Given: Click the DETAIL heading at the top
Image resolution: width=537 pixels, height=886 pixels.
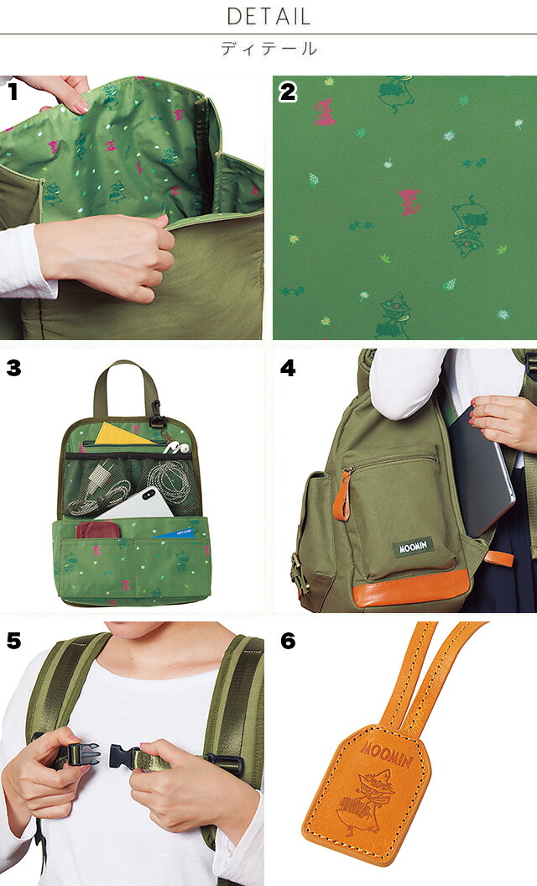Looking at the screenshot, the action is pyautogui.click(x=268, y=17).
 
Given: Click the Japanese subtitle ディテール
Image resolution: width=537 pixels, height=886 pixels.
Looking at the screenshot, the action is pyautogui.click(x=268, y=49).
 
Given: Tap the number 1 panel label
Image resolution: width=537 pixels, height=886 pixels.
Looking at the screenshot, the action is pyautogui.click(x=13, y=91).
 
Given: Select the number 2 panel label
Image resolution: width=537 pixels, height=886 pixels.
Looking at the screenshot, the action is pyautogui.click(x=288, y=92).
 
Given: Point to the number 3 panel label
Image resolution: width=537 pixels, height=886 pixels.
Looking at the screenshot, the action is pyautogui.click(x=13, y=368).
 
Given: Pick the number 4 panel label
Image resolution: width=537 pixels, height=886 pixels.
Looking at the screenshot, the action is pyautogui.click(x=288, y=368).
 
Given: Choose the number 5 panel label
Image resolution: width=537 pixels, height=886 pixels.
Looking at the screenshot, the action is pyautogui.click(x=13, y=641).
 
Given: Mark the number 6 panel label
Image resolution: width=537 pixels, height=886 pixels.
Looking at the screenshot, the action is pyautogui.click(x=288, y=641).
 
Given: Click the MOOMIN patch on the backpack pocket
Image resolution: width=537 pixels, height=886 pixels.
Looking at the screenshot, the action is pyautogui.click(x=413, y=547).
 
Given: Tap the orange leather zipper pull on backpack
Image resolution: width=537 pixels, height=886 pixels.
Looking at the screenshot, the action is pyautogui.click(x=341, y=494).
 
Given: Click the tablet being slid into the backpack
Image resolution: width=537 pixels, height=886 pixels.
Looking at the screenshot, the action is pyautogui.click(x=481, y=470).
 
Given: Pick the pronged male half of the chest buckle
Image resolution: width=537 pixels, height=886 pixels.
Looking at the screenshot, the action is pyautogui.click(x=83, y=754).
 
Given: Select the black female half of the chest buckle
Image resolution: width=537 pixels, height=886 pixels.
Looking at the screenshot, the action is pyautogui.click(x=124, y=757).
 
